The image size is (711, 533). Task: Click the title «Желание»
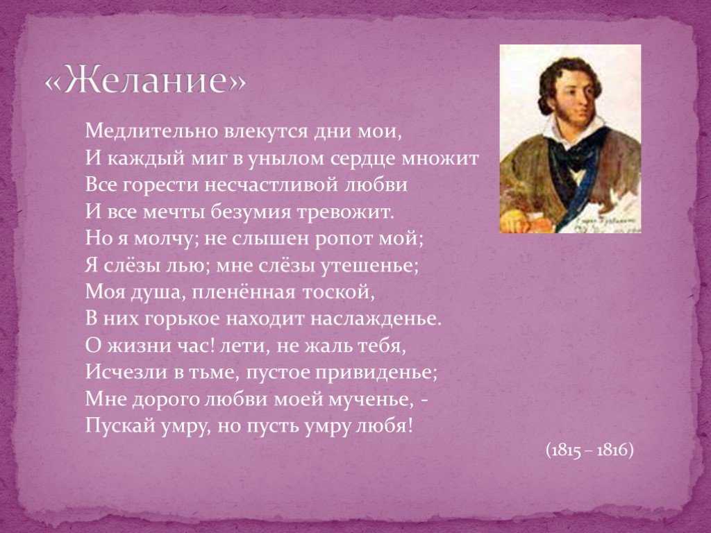point(146,81)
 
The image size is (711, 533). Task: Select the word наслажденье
point(376,319)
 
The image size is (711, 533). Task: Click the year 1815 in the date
point(565,450)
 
